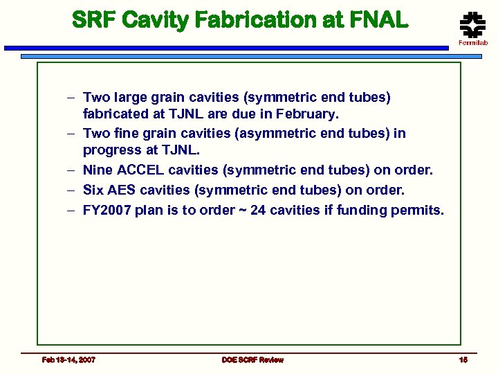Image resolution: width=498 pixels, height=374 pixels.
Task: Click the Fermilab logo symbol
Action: tap(473, 26)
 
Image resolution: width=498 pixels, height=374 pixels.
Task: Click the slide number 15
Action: tap(463, 359)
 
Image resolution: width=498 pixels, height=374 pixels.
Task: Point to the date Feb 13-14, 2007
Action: tap(69, 359)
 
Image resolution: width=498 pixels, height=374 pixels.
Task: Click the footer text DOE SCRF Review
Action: tap(252, 359)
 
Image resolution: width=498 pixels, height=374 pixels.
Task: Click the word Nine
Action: tap(97, 170)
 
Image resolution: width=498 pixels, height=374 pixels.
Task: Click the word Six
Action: tap(93, 190)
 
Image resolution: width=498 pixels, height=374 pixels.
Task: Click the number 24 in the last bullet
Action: tap(258, 210)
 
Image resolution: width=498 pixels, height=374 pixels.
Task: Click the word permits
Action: tap(417, 210)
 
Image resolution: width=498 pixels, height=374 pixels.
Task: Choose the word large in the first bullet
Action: tap(131, 98)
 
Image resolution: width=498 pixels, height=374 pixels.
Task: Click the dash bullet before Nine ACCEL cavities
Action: tap(71, 170)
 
